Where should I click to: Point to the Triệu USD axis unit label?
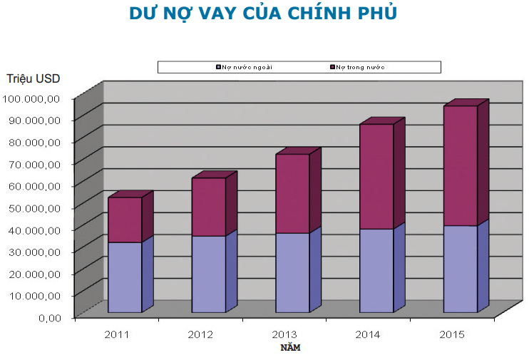[34, 78]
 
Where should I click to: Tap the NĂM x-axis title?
[290, 348]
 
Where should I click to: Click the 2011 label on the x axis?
[117, 334]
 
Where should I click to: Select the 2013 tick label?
[284, 334]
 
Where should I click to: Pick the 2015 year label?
[452, 334]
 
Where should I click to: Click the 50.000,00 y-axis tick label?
[37, 207]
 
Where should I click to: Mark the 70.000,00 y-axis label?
[37, 163]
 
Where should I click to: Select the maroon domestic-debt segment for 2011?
[124, 220]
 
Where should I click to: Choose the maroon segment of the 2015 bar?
[460, 165]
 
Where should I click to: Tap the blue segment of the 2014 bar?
[376, 270]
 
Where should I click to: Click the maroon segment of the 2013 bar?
[292, 193]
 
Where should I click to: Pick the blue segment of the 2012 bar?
[208, 274]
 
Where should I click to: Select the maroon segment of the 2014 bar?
[376, 176]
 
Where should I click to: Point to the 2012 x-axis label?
[200, 334]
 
